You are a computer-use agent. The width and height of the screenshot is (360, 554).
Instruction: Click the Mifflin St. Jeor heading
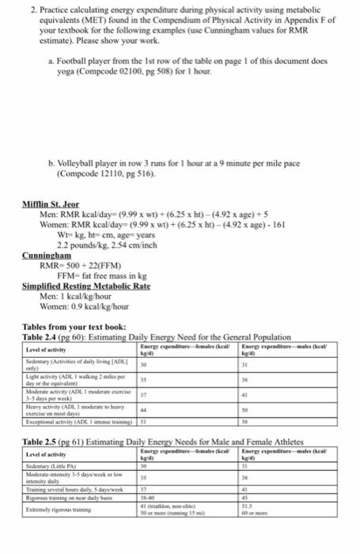(x=49, y=203)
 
